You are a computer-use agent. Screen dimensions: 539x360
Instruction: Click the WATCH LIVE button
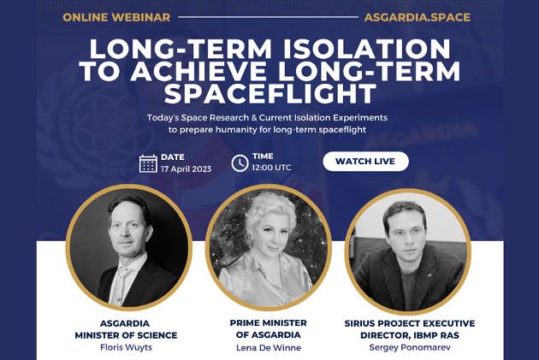coord(366,161)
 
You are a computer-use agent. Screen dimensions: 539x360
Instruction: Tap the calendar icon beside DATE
coord(148,163)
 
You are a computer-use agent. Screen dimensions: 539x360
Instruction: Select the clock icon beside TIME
coord(240,162)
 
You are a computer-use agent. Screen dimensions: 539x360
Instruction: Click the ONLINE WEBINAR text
coord(116,17)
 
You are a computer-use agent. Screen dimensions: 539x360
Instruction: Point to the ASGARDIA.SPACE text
coord(418,17)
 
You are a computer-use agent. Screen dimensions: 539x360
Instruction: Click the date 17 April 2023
coord(186,169)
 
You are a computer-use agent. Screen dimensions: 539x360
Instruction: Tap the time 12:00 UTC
coord(271,168)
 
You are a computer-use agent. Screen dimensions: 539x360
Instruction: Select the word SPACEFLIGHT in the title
coord(270,93)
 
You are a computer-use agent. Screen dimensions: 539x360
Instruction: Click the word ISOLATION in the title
coord(367,49)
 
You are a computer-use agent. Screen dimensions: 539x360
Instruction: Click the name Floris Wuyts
coord(126,347)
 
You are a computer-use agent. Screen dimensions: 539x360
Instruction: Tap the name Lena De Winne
coord(269,348)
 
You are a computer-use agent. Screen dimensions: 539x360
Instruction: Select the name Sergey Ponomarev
coord(410,347)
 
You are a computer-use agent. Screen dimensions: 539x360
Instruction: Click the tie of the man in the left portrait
coord(120,285)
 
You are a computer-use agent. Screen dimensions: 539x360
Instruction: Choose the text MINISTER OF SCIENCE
coord(126,335)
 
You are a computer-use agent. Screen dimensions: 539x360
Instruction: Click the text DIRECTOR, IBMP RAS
coord(410,335)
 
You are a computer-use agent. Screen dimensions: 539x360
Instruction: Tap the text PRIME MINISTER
coord(269,323)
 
